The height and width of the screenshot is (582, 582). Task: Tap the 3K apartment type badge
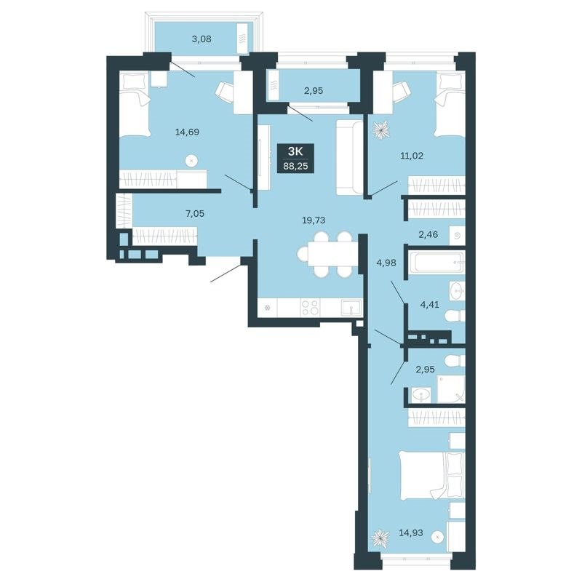click(296, 151)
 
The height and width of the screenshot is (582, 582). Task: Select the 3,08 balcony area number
click(202, 39)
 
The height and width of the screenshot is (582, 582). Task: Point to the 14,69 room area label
click(188, 132)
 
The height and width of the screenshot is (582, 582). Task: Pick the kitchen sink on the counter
click(350, 308)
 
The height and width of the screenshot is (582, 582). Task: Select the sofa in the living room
click(350, 158)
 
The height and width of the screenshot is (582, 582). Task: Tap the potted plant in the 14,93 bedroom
click(380, 538)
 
